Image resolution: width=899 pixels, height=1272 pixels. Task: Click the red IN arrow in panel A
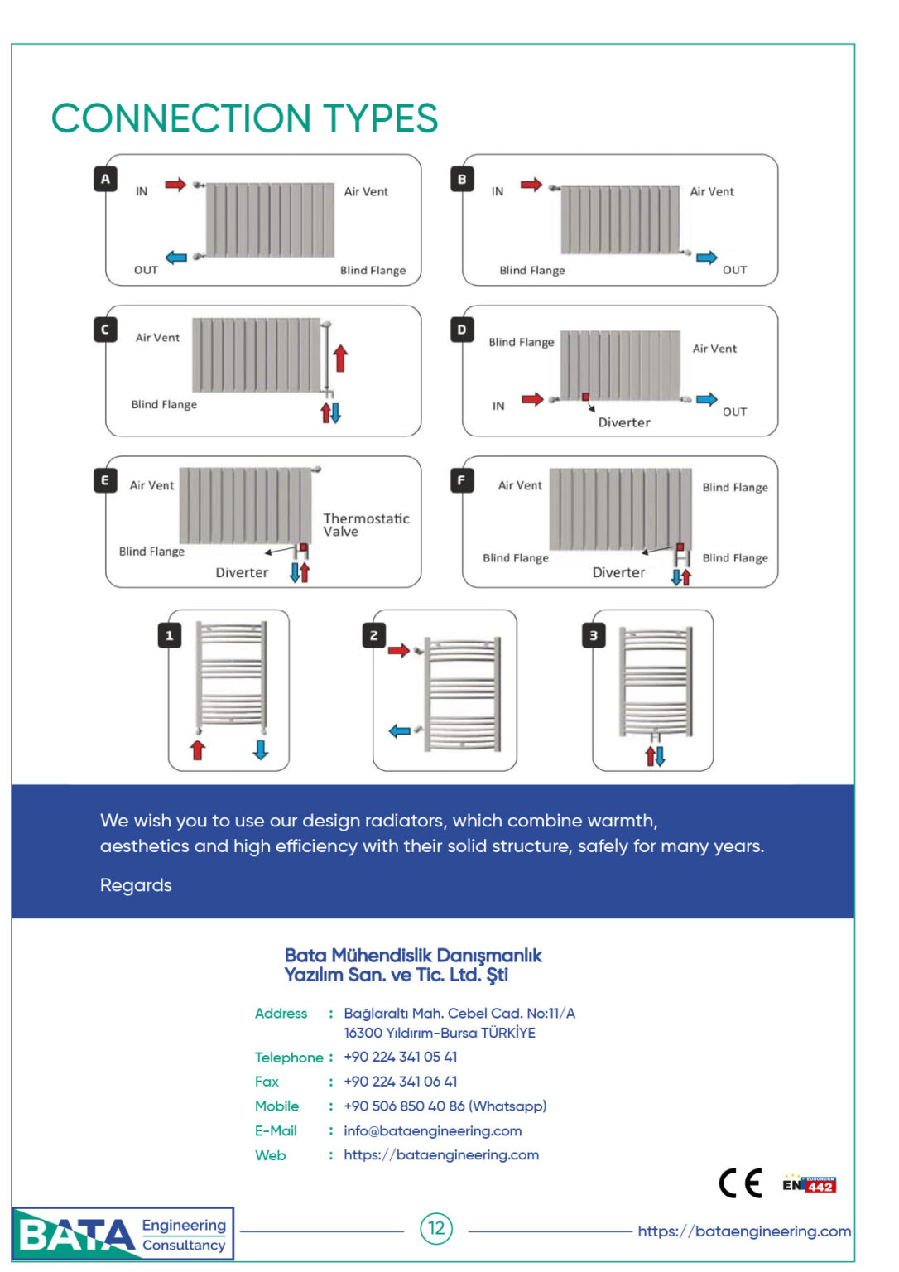pyautogui.click(x=175, y=184)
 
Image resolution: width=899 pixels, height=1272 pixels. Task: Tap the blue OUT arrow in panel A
pyautogui.click(x=175, y=258)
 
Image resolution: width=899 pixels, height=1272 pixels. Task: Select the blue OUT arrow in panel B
pyautogui.click(x=706, y=258)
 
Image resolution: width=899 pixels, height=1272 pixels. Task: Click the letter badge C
pyautogui.click(x=105, y=330)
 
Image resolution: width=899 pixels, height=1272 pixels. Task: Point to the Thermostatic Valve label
pyautogui.click(x=366, y=524)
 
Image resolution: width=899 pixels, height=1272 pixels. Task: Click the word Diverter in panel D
pyautogui.click(x=624, y=422)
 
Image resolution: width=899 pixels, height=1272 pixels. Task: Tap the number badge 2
pyautogui.click(x=374, y=635)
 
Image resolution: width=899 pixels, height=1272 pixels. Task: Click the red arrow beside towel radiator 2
pyautogui.click(x=399, y=651)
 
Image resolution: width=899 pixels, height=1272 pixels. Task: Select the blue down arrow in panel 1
pyautogui.click(x=261, y=749)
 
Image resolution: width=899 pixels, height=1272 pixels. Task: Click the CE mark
pyautogui.click(x=740, y=1183)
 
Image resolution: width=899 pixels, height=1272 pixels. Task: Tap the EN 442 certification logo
pyautogui.click(x=809, y=1184)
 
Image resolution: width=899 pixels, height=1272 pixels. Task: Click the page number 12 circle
pyautogui.click(x=436, y=1228)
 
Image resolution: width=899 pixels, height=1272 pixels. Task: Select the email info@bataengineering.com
pyautogui.click(x=432, y=1130)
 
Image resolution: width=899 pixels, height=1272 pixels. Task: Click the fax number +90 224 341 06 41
pyautogui.click(x=400, y=1082)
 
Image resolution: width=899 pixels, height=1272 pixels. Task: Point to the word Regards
pyautogui.click(x=136, y=885)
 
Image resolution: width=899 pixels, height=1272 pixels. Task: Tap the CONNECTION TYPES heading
pyautogui.click(x=244, y=118)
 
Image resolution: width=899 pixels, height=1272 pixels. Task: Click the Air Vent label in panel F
pyautogui.click(x=520, y=485)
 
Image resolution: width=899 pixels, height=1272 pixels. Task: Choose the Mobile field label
pyautogui.click(x=276, y=1106)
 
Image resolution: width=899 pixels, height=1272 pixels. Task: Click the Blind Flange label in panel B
pyautogui.click(x=532, y=270)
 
